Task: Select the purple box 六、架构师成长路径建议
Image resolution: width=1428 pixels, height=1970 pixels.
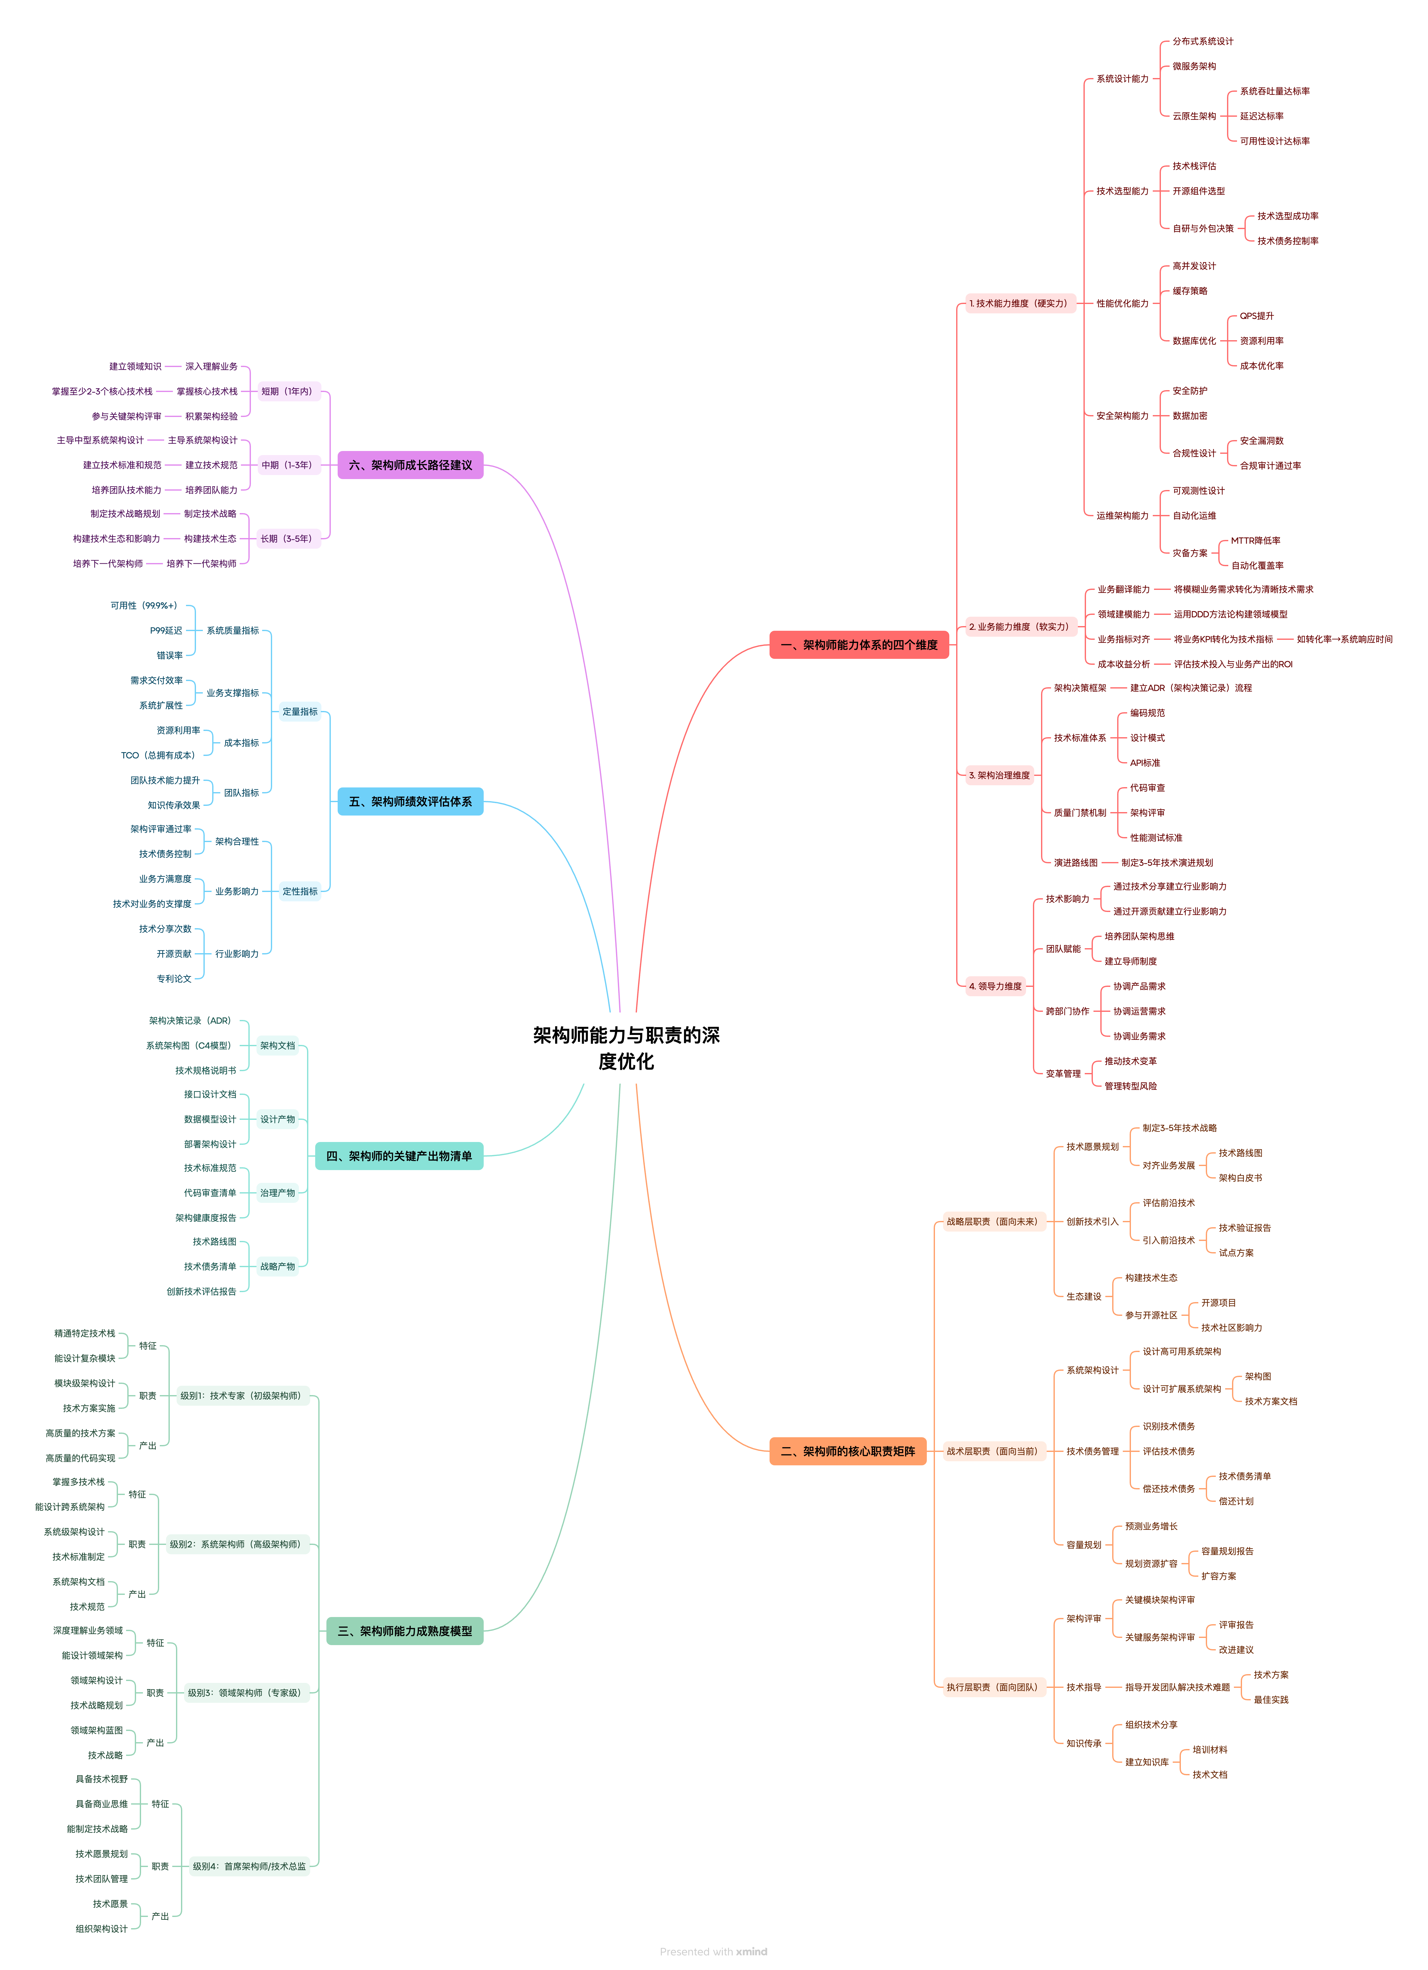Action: [x=410, y=465]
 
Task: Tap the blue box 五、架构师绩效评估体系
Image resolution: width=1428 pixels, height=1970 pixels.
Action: [x=410, y=801]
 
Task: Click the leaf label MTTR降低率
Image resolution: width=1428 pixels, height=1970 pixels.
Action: [x=1255, y=540]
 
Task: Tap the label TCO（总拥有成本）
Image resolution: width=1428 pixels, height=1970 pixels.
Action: [x=158, y=755]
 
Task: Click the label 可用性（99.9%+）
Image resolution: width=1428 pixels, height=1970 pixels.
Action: [x=144, y=605]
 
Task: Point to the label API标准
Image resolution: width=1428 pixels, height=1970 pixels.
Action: [x=1145, y=763]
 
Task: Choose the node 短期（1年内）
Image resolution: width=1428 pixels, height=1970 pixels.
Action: [x=287, y=391]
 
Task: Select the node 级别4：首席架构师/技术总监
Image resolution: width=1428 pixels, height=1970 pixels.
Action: [x=249, y=1866]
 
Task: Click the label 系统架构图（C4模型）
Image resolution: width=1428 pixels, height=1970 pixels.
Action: [x=189, y=1045]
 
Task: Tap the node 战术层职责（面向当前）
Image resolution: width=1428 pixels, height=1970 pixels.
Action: [x=992, y=1451]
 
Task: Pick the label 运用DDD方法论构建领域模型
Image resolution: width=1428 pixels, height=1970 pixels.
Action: [x=1230, y=614]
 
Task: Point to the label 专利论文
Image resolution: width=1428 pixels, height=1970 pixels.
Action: [x=174, y=978]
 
